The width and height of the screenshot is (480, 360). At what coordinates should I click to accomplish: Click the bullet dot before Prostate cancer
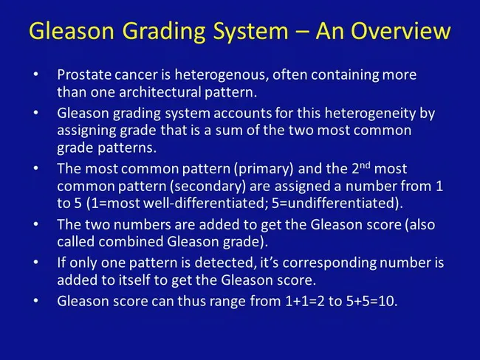[37, 76]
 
